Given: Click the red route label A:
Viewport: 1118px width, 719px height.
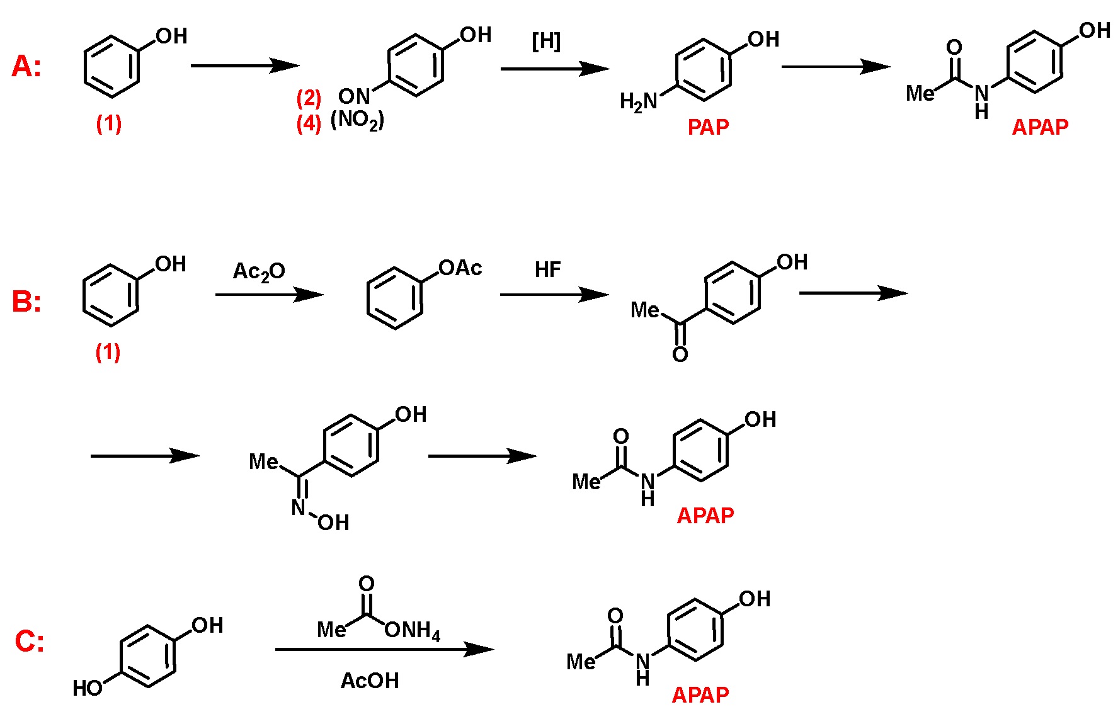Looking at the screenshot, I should click(26, 67).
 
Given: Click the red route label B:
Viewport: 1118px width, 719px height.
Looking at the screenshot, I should click(26, 302).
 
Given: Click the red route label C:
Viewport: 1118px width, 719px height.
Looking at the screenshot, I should click(29, 642).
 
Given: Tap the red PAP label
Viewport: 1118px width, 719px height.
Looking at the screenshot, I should click(708, 128).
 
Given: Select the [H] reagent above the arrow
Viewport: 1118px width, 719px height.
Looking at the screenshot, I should click(546, 42).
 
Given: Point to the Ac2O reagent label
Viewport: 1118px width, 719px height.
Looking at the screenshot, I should click(259, 271).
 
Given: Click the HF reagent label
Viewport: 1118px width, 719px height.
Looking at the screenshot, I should click(547, 270).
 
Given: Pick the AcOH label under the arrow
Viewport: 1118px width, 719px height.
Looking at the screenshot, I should click(370, 681).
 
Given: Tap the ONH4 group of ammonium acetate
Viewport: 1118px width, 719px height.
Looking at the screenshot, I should click(413, 630).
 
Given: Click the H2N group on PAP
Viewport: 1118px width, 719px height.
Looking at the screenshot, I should click(638, 101).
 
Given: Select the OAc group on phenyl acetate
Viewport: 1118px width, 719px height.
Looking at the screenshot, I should click(460, 269).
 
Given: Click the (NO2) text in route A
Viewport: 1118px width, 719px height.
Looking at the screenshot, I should click(357, 120).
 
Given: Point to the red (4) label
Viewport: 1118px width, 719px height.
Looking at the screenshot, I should click(309, 123).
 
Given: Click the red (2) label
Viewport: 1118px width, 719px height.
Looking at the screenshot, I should click(309, 98).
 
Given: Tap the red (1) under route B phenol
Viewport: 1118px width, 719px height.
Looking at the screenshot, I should click(108, 352).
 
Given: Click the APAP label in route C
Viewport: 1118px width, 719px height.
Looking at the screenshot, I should click(700, 695).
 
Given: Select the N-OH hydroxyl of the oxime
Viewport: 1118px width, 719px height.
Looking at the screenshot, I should click(333, 523).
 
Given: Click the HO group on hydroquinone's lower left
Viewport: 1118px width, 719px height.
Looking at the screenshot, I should click(87, 688).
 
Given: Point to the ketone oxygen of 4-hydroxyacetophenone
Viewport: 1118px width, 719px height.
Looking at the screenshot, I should click(680, 355).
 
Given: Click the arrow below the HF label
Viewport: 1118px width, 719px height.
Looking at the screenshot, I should click(554, 295).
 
